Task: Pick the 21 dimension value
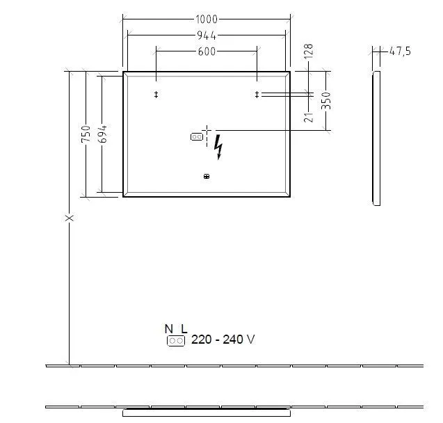[x=309, y=113]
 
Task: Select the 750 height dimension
[x=86, y=134]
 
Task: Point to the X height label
[x=69, y=218]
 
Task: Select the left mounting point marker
[x=156, y=95]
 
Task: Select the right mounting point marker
[x=257, y=95]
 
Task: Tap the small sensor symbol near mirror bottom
[x=206, y=177]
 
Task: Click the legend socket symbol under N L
[x=176, y=340]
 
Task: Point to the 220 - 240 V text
[x=223, y=340]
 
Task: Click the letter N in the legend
[x=168, y=328]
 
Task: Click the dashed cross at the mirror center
[x=207, y=130]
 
